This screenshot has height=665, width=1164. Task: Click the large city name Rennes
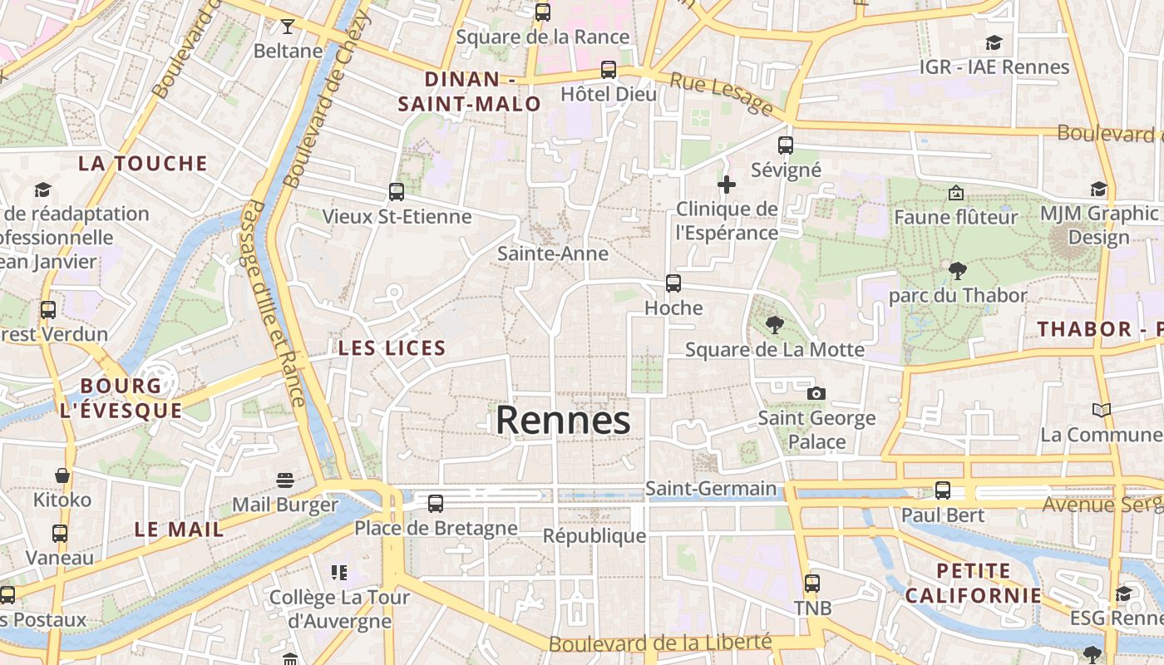point(563,421)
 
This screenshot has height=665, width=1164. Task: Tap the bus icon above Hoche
point(673,283)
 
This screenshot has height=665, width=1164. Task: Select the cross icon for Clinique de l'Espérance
point(727,185)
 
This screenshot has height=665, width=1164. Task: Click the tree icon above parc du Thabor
point(957,270)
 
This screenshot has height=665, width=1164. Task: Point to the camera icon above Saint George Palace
point(816,393)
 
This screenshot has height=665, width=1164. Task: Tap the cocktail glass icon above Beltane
point(288,27)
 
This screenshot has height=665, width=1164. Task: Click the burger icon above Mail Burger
point(285,480)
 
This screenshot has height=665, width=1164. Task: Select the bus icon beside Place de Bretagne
point(436,503)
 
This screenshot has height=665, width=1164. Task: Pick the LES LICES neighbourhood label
point(392,348)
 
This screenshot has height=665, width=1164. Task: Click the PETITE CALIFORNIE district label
point(973,584)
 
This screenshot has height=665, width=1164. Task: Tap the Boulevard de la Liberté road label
point(660,643)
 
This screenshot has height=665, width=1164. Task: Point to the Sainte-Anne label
point(553,254)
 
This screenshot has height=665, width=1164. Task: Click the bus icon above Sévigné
point(786,145)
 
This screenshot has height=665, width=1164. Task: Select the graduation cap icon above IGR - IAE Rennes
point(994,42)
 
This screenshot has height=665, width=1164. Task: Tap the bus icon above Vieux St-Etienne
point(397,192)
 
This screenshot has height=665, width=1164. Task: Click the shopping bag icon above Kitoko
point(62,476)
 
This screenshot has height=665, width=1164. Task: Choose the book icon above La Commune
point(1101,410)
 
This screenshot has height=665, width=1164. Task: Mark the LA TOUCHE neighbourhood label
point(143,163)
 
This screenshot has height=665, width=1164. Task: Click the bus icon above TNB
point(812,584)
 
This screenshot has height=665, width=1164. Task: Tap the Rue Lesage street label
point(721,92)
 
